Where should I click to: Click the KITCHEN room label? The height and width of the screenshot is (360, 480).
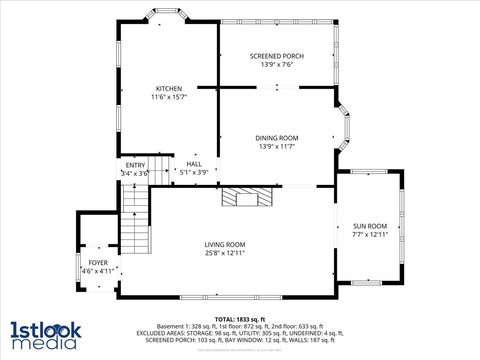click(x=168, y=89)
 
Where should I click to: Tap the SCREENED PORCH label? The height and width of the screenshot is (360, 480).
click(x=276, y=56)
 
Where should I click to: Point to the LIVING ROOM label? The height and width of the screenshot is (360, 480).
click(x=225, y=244)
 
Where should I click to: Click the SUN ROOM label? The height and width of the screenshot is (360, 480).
click(x=369, y=226)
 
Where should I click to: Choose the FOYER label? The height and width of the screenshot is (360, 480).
click(x=98, y=262)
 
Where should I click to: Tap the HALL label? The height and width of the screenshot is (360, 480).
click(x=194, y=163)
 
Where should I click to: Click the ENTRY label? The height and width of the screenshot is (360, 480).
click(x=135, y=165)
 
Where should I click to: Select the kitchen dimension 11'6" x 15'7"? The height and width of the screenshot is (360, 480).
click(x=168, y=98)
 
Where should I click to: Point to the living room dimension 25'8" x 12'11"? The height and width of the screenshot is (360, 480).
click(x=225, y=253)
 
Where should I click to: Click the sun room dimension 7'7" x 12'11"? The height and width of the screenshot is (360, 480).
click(x=369, y=235)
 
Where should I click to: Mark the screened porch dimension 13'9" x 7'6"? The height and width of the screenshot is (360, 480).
click(x=276, y=65)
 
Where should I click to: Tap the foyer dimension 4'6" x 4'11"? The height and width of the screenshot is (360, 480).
click(x=98, y=270)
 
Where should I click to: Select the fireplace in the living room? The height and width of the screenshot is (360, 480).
click(x=245, y=196)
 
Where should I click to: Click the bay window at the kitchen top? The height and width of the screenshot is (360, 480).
click(x=166, y=15)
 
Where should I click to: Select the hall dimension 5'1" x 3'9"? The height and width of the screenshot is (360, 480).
click(x=194, y=172)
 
